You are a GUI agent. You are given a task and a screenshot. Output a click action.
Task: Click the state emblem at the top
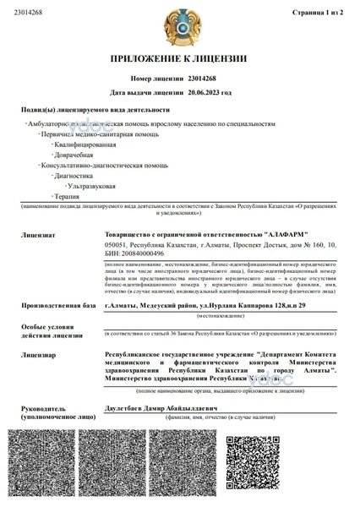(179, 27)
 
